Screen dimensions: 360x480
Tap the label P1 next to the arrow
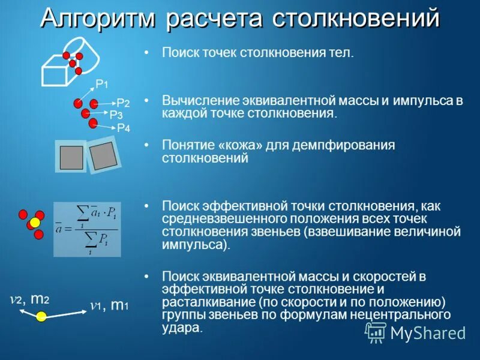click(102, 84)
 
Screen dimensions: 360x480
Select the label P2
click(123, 103)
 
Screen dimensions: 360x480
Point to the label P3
click(116, 115)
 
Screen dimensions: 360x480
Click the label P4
click(123, 128)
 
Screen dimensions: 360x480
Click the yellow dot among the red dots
click(35, 223)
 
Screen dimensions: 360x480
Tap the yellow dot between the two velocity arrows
click(41, 316)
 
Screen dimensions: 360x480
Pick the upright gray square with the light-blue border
click(71, 157)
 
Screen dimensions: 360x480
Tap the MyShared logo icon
click(376, 332)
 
